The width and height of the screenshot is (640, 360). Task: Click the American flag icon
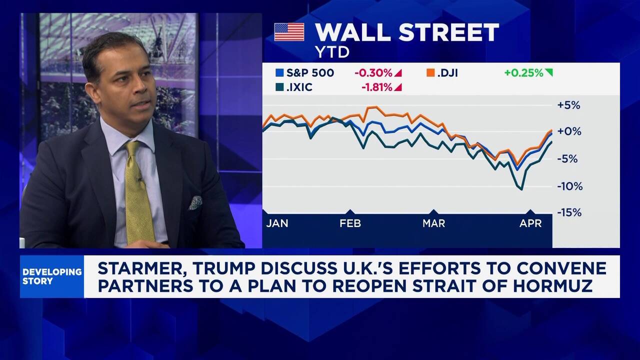[x=289, y=32]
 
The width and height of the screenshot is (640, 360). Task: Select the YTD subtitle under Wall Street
[x=332, y=51]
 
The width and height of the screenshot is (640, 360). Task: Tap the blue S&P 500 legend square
[x=279, y=73]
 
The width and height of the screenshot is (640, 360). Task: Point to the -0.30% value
[x=373, y=73]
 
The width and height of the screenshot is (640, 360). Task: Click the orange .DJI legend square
[x=429, y=73]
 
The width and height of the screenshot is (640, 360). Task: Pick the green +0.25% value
[x=523, y=73]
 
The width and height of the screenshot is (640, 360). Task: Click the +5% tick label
[x=568, y=105]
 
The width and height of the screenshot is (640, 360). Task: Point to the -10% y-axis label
[x=569, y=186]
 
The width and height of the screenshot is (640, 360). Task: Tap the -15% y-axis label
[x=569, y=212]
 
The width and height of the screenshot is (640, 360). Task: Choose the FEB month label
[x=350, y=223]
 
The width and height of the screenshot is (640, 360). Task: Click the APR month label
[x=530, y=223]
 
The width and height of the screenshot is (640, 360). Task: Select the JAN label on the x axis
[x=277, y=223]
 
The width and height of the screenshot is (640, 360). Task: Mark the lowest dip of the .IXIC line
[x=521, y=189]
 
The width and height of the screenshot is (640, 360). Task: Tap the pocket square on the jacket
[x=195, y=202]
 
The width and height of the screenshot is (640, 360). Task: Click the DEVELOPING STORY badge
[x=52, y=276]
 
